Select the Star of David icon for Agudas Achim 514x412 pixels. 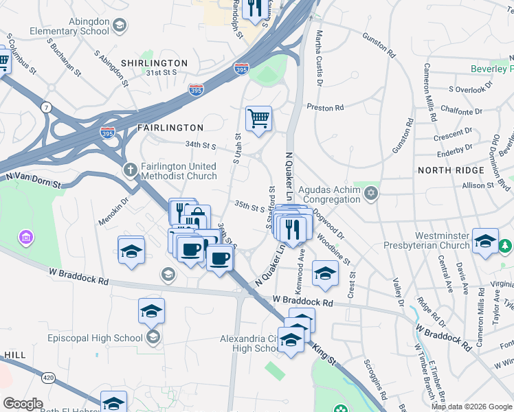pyautogui.click(x=372, y=192)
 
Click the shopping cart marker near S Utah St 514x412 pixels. pyautogui.click(x=259, y=119)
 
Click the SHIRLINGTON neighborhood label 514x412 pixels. pyautogui.click(x=145, y=63)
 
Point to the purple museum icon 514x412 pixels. pyautogui.click(x=27, y=238)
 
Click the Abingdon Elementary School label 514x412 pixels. pyautogui.click(x=69, y=26)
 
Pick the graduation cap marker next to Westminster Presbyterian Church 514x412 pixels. pyautogui.click(x=485, y=241)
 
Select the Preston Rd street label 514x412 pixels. pyautogui.click(x=325, y=108)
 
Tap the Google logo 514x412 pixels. pyautogui.click(x=23, y=404)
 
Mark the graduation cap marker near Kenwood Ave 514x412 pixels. pyautogui.click(x=325, y=274)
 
